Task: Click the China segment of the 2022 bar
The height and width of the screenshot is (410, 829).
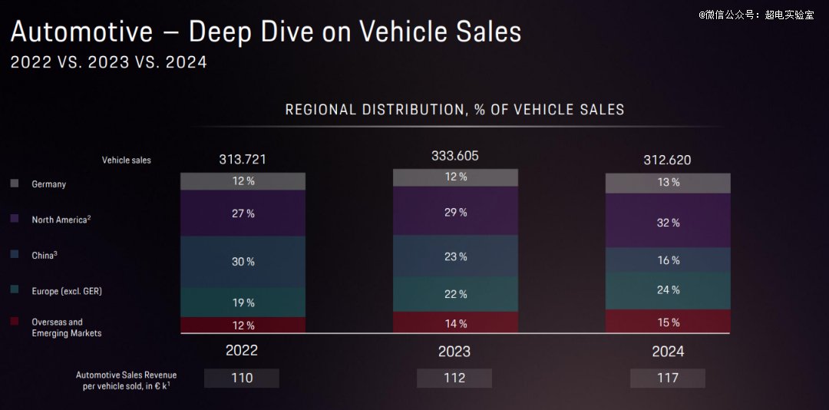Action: (243, 262)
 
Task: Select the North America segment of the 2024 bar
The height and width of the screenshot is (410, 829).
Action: (667, 222)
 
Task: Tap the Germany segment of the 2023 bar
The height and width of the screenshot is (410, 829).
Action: (455, 177)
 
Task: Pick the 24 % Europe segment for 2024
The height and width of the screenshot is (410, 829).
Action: (667, 290)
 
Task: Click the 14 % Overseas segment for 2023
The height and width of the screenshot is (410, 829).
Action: (455, 323)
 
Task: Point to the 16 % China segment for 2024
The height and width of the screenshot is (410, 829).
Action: (667, 260)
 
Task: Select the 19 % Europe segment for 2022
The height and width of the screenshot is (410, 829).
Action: (243, 303)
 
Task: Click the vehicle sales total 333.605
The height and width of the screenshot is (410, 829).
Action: (455, 156)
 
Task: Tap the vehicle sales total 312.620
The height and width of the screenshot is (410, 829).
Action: (667, 160)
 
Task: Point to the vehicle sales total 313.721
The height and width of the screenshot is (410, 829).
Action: (243, 160)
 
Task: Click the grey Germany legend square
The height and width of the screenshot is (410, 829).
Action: (14, 184)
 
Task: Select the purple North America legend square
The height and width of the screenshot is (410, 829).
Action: (14, 220)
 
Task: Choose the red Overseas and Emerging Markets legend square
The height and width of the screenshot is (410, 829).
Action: (14, 322)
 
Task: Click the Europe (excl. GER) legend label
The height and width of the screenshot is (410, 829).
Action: (67, 292)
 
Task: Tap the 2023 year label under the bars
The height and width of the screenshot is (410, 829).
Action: (455, 352)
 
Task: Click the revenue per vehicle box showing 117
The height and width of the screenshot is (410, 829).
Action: (667, 378)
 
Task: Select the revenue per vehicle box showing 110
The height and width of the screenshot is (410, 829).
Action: (242, 378)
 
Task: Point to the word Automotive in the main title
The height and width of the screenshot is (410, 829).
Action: (81, 32)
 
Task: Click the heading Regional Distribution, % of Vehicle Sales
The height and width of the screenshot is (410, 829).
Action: (454, 110)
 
